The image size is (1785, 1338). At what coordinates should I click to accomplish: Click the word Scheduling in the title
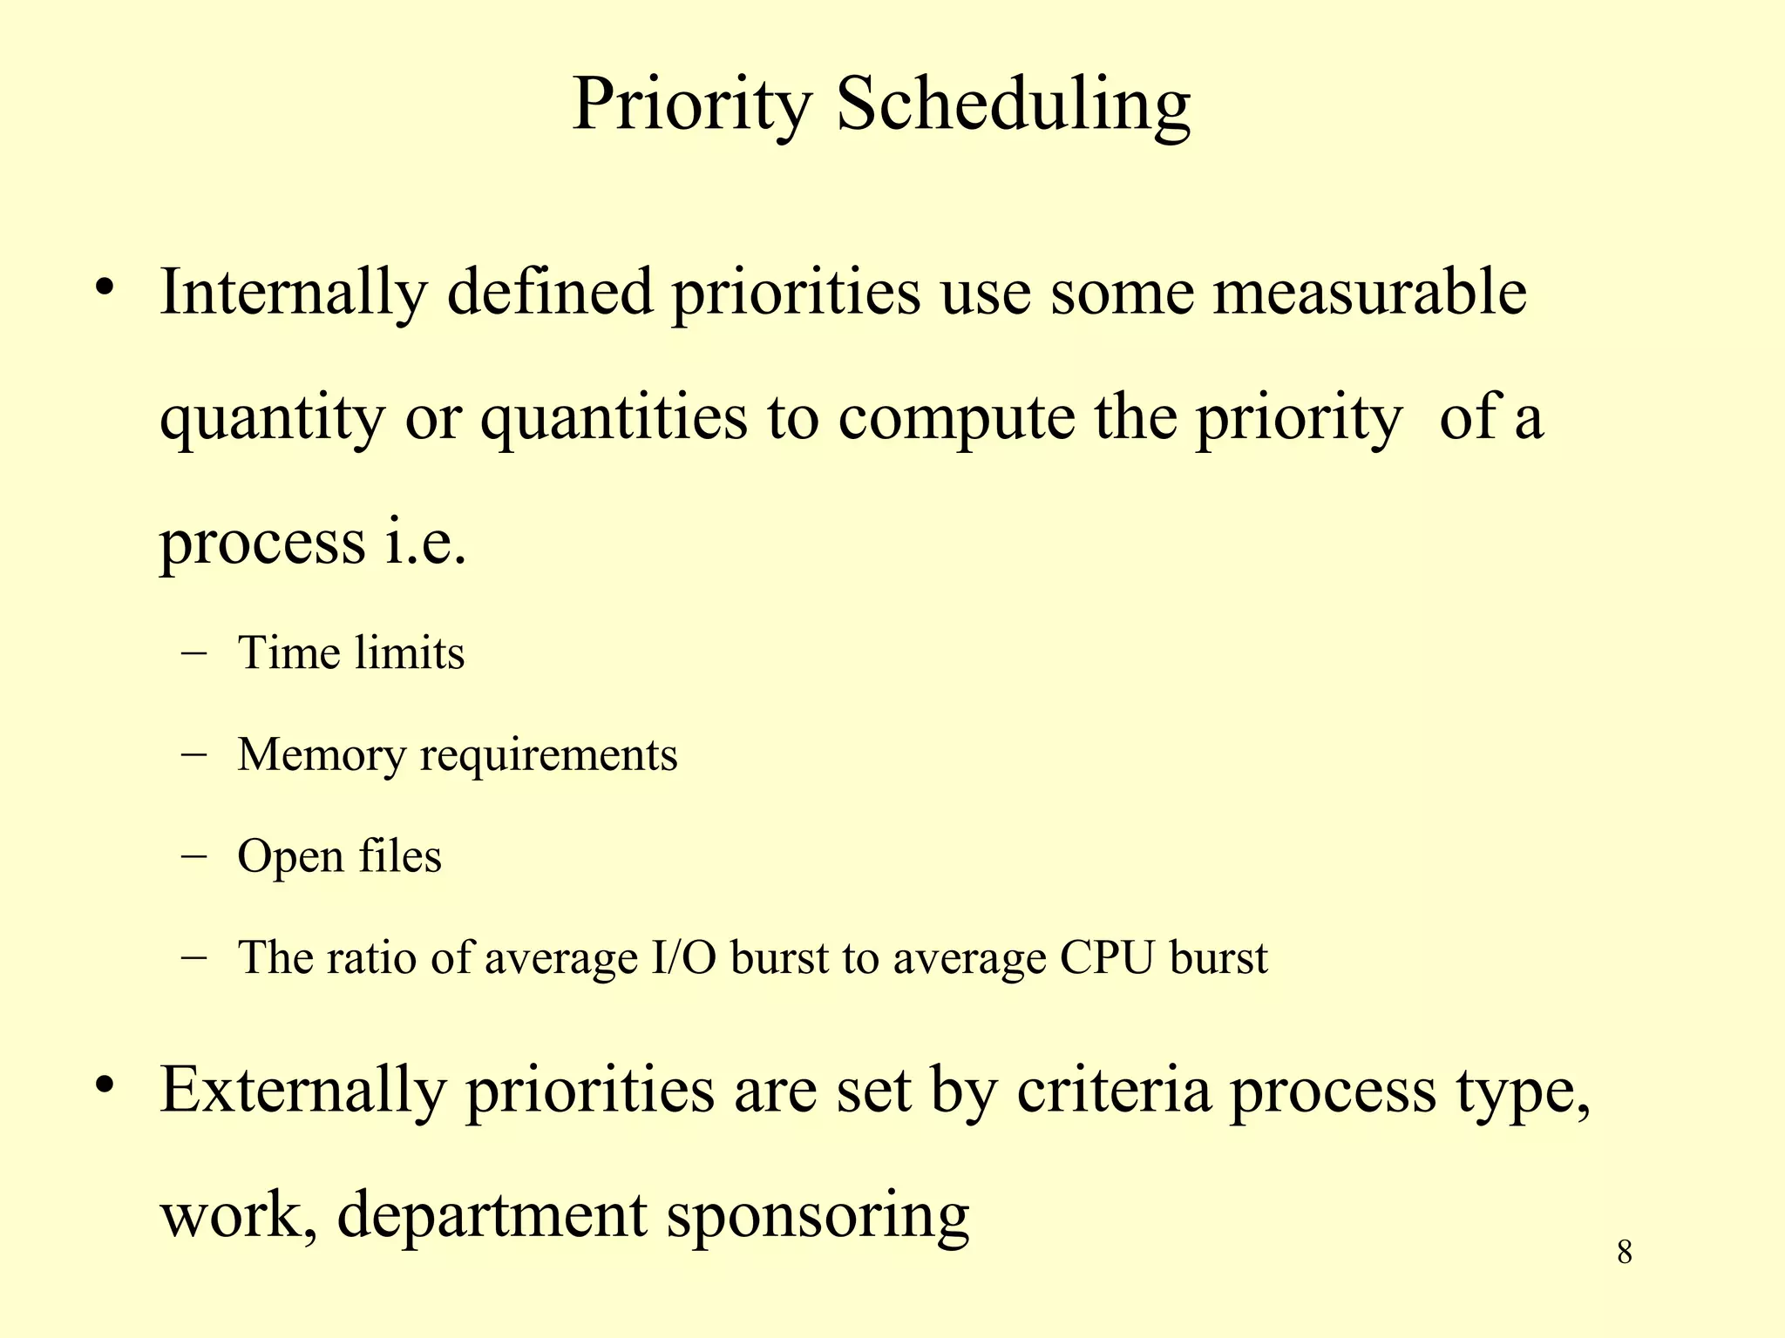pyautogui.click(x=1013, y=106)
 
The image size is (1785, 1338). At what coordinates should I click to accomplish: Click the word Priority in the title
pyautogui.click(x=692, y=106)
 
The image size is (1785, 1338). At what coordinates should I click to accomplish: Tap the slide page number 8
pyautogui.click(x=1625, y=1253)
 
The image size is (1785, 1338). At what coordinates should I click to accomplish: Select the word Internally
pyautogui.click(x=293, y=293)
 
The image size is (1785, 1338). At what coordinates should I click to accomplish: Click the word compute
pyautogui.click(x=957, y=417)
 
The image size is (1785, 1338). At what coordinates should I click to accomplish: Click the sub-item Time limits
pyautogui.click(x=351, y=653)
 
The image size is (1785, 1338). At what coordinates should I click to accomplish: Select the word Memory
pyautogui.click(x=322, y=755)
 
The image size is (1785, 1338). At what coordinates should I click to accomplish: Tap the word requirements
pyautogui.click(x=548, y=755)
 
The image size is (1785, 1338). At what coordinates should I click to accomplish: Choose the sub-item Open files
pyautogui.click(x=340, y=856)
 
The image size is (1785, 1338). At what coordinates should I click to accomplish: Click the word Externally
pyautogui.click(x=302, y=1091)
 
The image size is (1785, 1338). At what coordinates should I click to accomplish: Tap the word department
pyautogui.click(x=492, y=1216)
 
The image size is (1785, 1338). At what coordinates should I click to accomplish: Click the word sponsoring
pyautogui.click(x=818, y=1216)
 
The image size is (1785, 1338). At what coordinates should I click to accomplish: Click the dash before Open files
pyautogui.click(x=194, y=856)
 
